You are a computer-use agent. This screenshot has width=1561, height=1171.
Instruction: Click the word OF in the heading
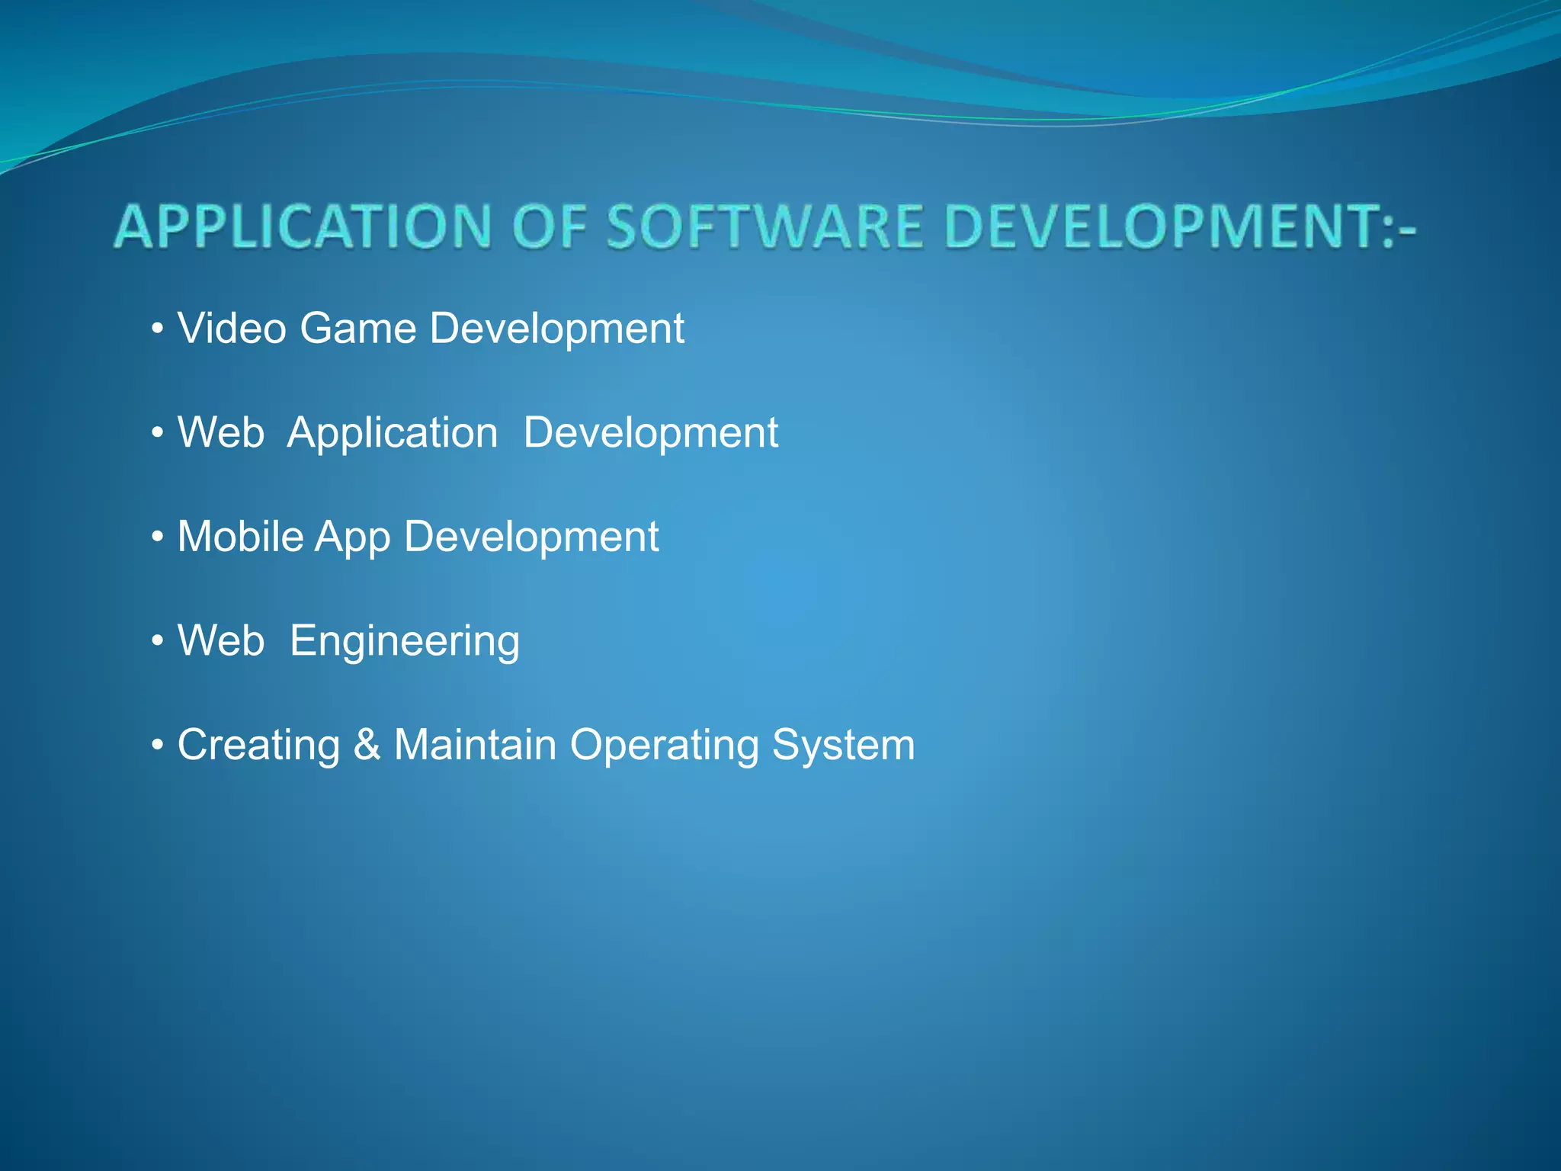(550, 226)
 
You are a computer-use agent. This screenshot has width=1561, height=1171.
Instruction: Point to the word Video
(232, 329)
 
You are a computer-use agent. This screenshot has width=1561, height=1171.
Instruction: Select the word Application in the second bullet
(393, 433)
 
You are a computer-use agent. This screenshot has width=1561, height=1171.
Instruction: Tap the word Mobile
(241, 537)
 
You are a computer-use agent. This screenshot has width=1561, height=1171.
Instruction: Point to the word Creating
(258, 746)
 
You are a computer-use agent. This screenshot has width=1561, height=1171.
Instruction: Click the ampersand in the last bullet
(367, 745)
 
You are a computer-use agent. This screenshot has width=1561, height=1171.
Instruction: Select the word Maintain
(475, 745)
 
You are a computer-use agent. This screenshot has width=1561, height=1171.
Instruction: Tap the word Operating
(664, 746)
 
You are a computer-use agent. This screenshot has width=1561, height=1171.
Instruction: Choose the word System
(843, 746)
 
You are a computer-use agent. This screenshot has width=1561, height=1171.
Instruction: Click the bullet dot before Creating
(158, 746)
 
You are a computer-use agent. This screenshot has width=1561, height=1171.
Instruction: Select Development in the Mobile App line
(531, 537)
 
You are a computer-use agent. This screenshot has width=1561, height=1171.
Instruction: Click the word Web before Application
(221, 432)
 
